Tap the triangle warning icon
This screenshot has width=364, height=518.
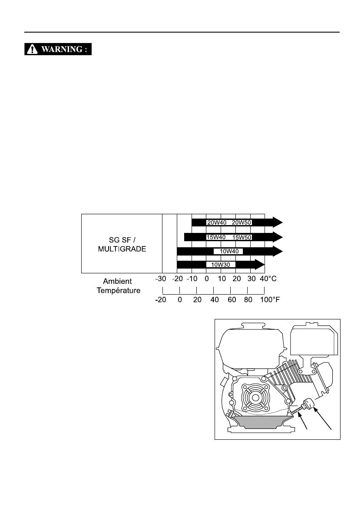32,49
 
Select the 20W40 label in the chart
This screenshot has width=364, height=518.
216,222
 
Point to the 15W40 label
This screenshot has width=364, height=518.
216,237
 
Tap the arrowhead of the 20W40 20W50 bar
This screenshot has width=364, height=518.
277,222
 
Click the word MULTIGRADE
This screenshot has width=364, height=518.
122,251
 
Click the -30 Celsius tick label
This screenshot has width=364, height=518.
162,279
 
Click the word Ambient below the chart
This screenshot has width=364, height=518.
117,282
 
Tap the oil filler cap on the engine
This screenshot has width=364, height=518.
310,404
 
